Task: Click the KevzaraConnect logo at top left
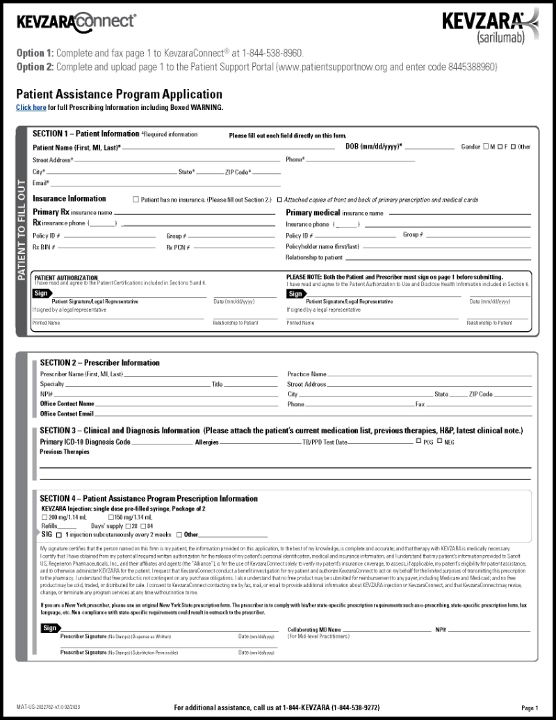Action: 76,21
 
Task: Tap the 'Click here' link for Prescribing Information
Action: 31,108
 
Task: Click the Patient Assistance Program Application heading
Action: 119,95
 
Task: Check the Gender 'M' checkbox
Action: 486,147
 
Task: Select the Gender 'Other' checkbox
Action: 513,147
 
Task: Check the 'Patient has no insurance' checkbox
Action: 136,200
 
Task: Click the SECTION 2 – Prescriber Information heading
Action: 99,362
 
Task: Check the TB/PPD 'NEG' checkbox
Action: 439,441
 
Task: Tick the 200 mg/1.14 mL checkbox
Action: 44,518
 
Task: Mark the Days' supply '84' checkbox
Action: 143,526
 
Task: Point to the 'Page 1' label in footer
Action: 530,707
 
